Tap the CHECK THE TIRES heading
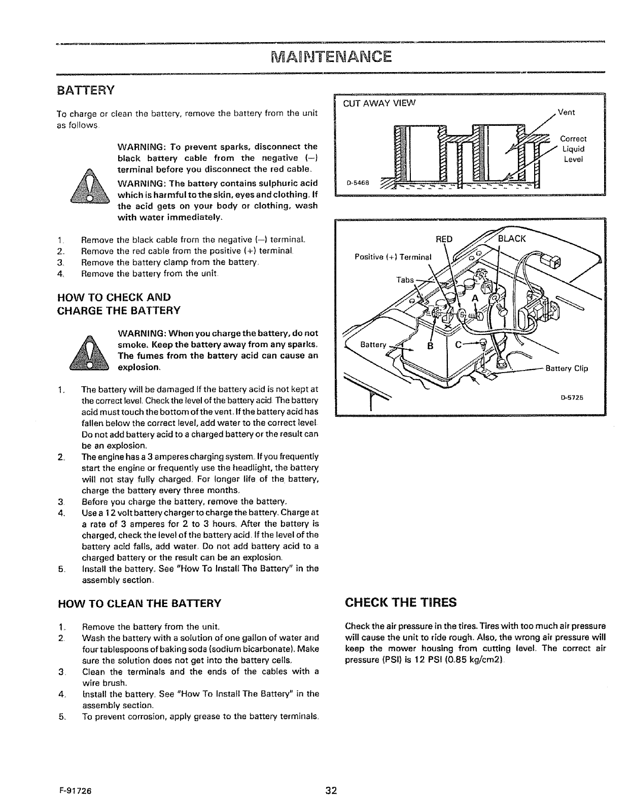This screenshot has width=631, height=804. click(400, 602)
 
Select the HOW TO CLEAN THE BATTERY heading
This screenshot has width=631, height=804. click(140, 603)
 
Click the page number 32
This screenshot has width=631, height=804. click(332, 790)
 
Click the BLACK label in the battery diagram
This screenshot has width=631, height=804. click(512, 240)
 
